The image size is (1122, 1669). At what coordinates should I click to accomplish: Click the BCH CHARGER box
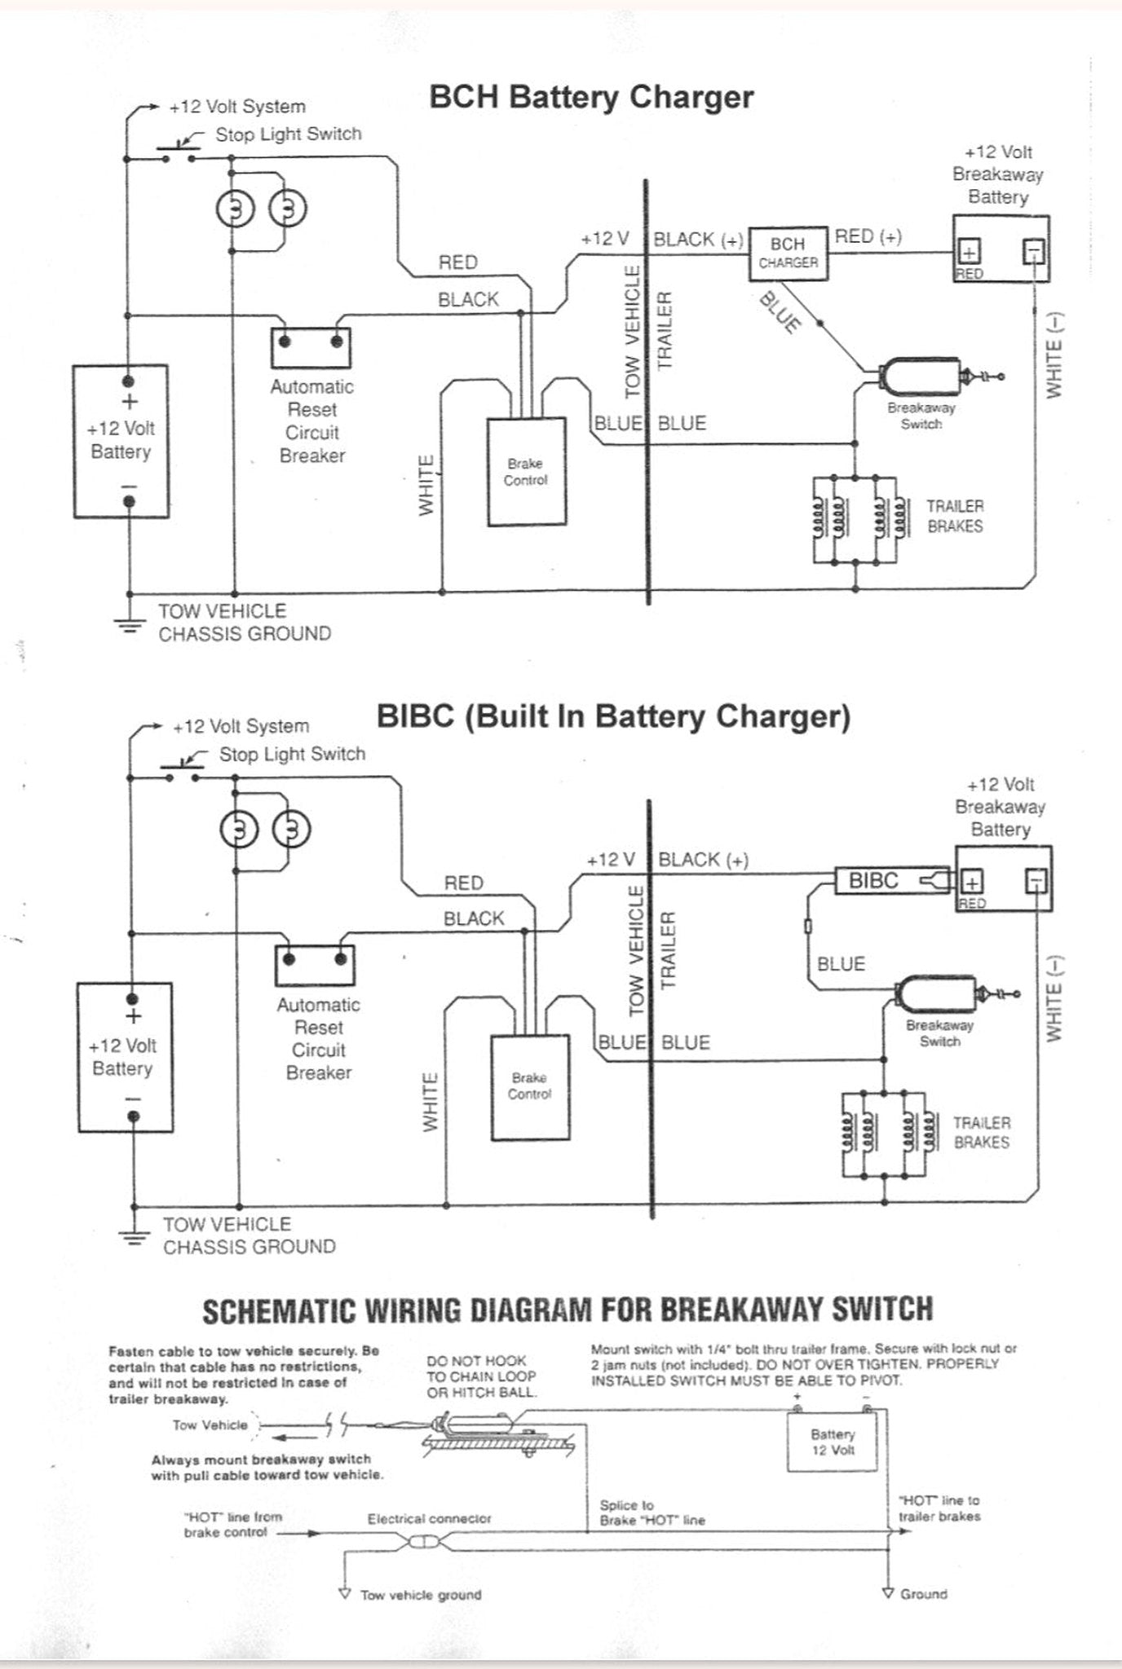tap(788, 253)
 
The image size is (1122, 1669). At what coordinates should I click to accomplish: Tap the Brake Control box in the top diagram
tap(527, 473)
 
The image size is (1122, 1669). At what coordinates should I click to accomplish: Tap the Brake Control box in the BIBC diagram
tap(530, 1088)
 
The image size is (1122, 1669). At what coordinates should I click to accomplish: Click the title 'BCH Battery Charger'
tap(591, 97)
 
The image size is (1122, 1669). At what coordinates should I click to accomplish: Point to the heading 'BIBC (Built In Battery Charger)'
tap(613, 716)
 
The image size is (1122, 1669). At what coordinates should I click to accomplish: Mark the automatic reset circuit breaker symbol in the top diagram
tap(311, 348)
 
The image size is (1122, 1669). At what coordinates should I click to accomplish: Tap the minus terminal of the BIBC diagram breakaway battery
tap(1036, 881)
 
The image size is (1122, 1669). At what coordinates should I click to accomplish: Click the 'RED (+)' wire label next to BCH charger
tap(868, 236)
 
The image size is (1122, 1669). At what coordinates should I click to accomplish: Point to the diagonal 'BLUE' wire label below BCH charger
tap(780, 312)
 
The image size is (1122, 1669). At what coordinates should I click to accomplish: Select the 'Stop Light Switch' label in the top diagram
tap(289, 134)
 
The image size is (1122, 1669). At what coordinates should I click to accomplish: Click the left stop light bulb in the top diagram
tap(236, 209)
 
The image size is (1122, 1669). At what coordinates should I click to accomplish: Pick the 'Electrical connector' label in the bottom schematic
tap(430, 1519)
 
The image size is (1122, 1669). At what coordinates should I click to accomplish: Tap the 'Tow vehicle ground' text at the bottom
tap(421, 1595)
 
